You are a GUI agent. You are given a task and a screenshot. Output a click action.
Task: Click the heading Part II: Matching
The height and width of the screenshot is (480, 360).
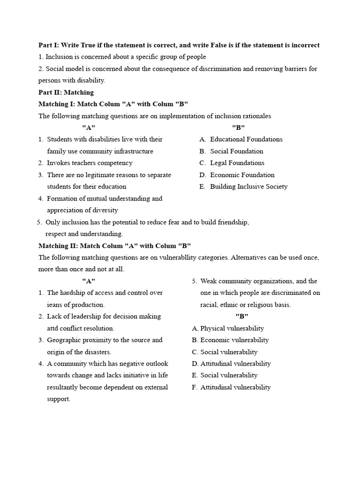click(66, 92)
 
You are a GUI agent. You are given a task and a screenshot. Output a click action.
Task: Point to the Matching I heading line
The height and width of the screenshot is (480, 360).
click(113, 104)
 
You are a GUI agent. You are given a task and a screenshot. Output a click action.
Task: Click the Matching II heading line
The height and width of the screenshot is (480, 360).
click(114, 246)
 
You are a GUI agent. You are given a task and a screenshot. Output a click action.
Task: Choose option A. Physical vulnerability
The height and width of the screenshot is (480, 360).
click(228, 328)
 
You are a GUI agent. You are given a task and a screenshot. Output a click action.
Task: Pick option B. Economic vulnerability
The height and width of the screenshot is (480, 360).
click(230, 340)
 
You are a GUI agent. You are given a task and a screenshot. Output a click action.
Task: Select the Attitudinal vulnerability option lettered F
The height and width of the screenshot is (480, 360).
click(232, 387)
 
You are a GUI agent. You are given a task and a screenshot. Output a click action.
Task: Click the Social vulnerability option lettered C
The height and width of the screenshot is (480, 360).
click(225, 352)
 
